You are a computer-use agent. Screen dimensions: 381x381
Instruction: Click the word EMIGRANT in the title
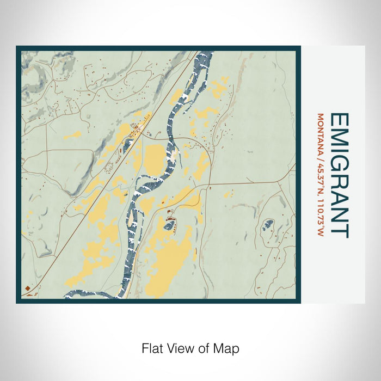pyautogui.click(x=339, y=175)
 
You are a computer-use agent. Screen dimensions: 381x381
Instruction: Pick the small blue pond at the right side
pyautogui.click(x=267, y=224)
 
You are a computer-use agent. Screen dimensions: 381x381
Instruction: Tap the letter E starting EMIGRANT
pyautogui.click(x=339, y=120)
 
